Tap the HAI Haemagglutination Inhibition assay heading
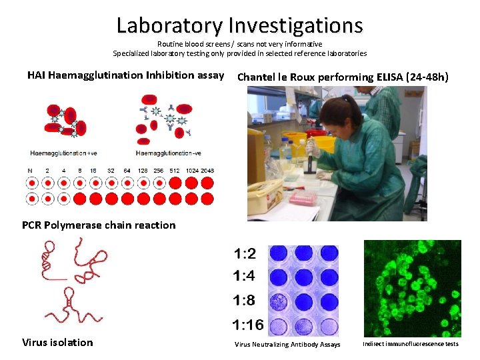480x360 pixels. coord(125,75)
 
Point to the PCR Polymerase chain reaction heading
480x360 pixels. coord(99,225)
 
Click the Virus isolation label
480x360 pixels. coord(57,342)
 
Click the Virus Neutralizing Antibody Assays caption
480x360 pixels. coord(287,345)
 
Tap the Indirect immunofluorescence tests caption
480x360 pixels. coord(411,344)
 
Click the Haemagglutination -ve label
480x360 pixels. coord(169,153)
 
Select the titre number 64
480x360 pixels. coord(127,171)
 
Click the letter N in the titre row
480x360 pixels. coord(31,171)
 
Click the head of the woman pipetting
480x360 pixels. coord(339,113)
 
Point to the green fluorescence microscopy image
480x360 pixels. coord(412,288)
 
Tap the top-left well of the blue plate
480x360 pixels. coord(279,254)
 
